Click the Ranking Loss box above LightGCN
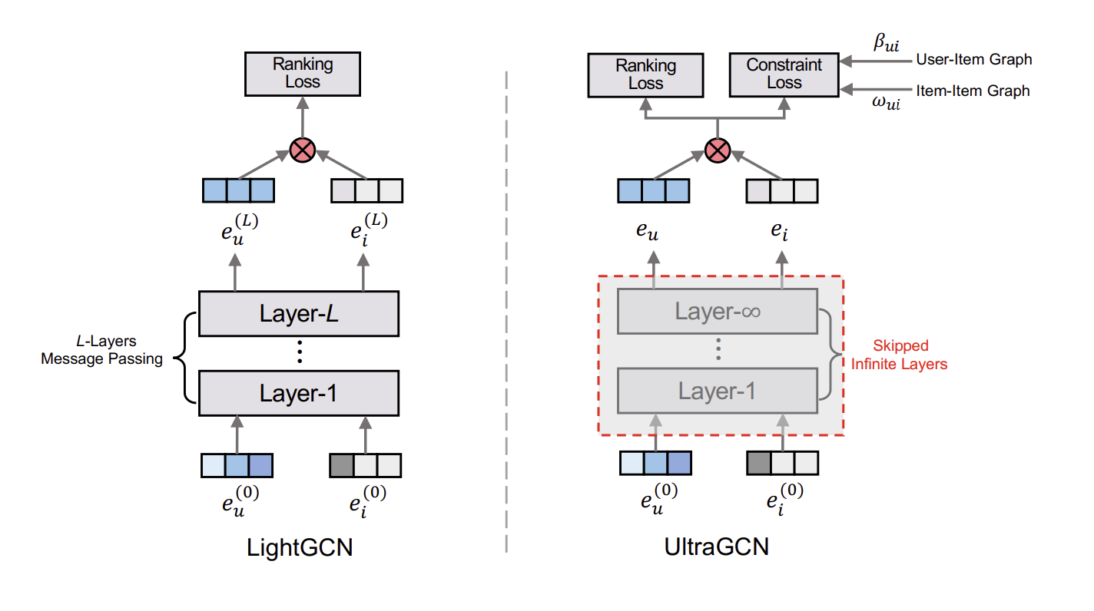303,74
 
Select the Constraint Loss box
784,74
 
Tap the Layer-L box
299,313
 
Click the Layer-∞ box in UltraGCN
718,312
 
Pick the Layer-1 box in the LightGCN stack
299,393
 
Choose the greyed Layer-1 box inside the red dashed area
718,391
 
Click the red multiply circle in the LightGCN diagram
303,150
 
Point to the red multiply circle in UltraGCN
718,150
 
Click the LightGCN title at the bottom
300,547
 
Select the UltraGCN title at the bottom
717,547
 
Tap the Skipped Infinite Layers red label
899,355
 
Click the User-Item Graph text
974,60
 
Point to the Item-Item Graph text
973,91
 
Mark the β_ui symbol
886,43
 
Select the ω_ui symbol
886,103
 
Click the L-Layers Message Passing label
101,350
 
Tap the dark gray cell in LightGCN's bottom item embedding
341,466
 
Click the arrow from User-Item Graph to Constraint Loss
876,61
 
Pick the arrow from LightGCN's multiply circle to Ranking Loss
303,117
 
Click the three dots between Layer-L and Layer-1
300,352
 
